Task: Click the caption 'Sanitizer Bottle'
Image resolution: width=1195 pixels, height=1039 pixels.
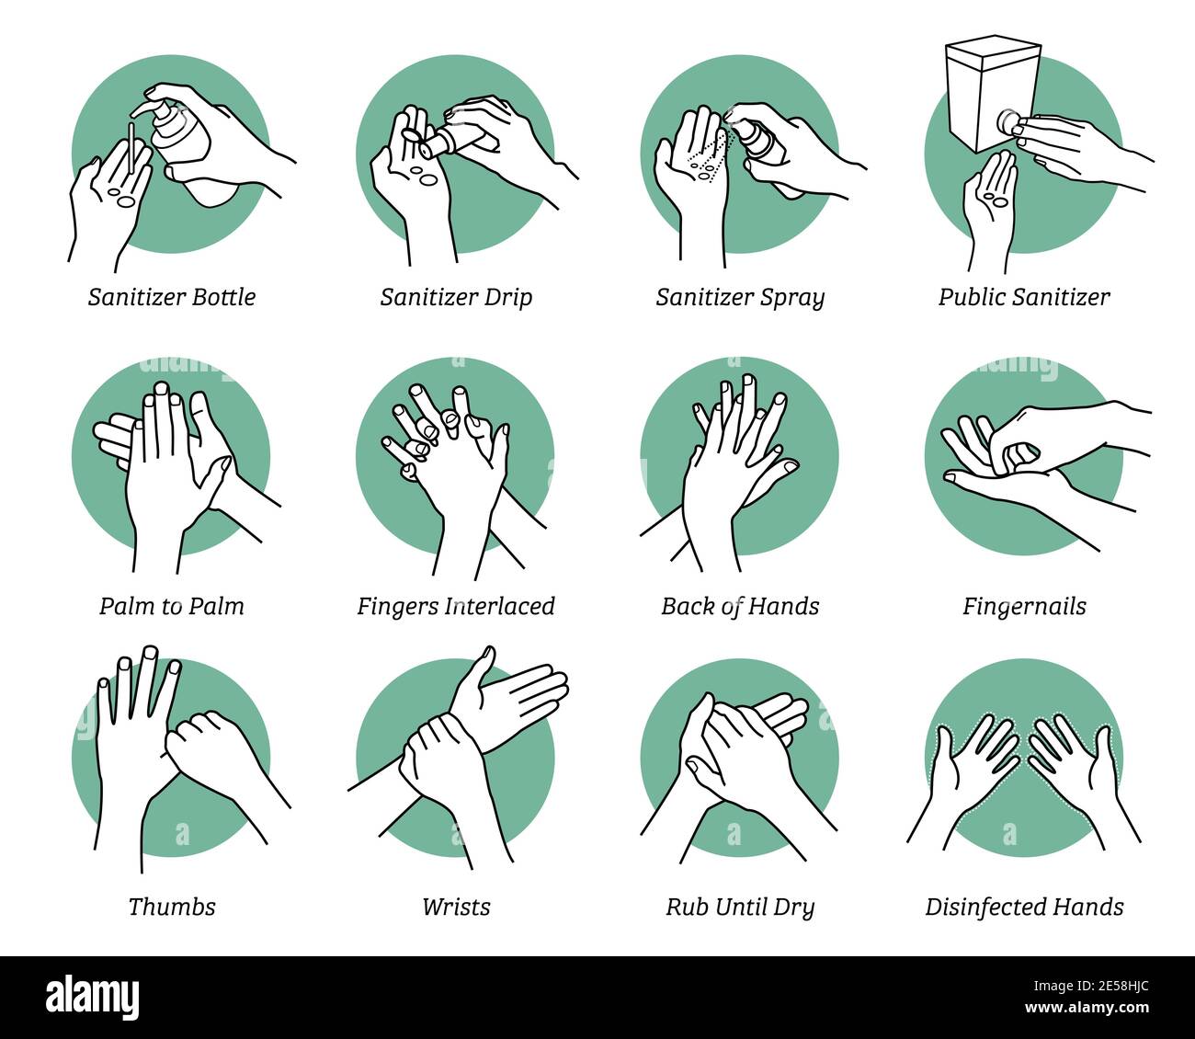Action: coord(172,297)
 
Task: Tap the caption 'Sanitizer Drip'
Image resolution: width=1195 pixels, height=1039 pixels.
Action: coord(456,297)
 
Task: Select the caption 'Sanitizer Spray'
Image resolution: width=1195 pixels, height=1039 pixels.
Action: coord(740,297)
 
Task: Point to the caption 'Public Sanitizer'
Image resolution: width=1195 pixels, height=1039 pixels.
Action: coord(1024,297)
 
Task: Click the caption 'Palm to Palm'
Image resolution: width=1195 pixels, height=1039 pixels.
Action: coord(172,606)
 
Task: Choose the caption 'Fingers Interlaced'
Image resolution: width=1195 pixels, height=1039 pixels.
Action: coord(456,606)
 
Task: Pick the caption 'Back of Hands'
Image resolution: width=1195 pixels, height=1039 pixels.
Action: coord(740,606)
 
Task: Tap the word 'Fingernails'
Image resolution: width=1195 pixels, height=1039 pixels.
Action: coord(1024,606)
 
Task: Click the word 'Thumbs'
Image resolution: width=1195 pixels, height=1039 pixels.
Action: coord(172,907)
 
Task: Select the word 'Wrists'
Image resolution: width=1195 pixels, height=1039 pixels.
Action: coord(456,907)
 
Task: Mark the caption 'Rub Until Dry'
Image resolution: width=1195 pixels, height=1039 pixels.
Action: coord(740,907)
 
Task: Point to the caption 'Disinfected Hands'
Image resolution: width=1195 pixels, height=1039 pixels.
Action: coord(1024,907)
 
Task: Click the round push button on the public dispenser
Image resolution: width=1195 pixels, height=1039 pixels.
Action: coord(1012,120)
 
